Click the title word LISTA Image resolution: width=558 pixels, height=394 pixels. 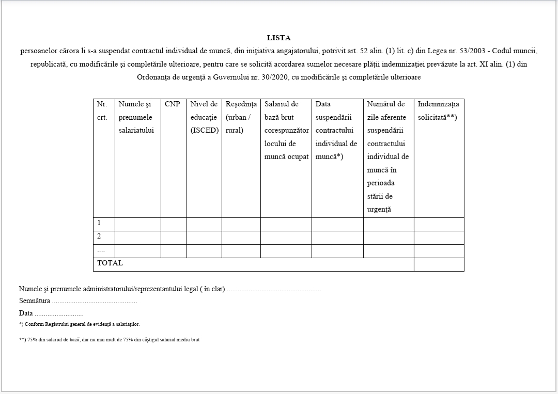pyautogui.click(x=278, y=38)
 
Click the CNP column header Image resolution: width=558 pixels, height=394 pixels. pyautogui.click(x=173, y=104)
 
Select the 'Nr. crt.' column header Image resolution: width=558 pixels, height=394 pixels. pyautogui.click(x=102, y=111)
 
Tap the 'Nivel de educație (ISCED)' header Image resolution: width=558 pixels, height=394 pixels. pyautogui.click(x=204, y=117)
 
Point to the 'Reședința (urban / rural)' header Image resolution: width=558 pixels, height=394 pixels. pyautogui.click(x=241, y=117)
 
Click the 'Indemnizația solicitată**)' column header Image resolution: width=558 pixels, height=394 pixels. pyautogui.click(x=438, y=111)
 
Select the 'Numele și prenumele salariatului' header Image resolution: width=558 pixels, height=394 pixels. pyautogui.click(x=137, y=117)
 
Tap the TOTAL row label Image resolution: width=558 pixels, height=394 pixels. pyautogui.click(x=110, y=263)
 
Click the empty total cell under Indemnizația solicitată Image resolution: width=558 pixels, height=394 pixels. pyautogui.click(x=439, y=264)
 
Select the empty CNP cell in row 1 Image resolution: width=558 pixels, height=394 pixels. pyautogui.click(x=174, y=224)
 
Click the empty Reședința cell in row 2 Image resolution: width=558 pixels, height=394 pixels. pyautogui.click(x=241, y=237)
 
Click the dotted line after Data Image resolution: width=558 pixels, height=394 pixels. pyautogui.click(x=59, y=313)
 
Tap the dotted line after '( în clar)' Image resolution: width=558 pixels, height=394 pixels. pyautogui.click(x=274, y=289)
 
